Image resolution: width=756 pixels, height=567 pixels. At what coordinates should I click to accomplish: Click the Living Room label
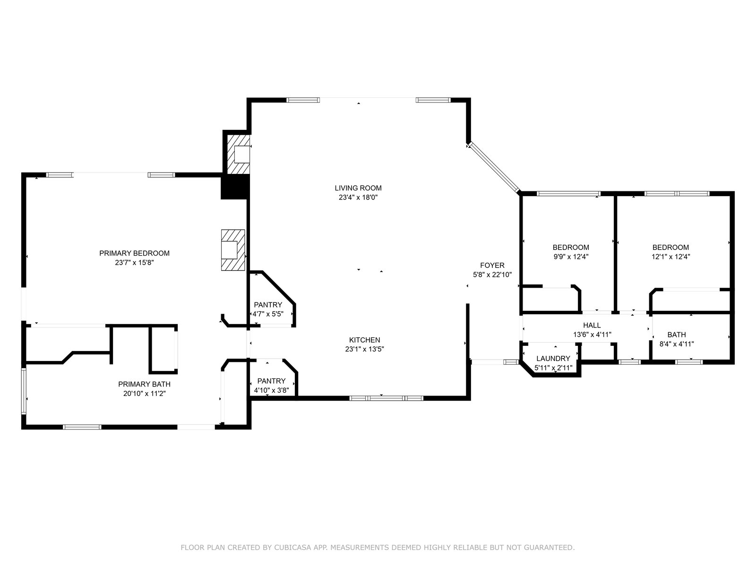pyautogui.click(x=358, y=188)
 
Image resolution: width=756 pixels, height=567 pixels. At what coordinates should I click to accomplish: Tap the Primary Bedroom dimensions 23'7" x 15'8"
pyautogui.click(x=134, y=263)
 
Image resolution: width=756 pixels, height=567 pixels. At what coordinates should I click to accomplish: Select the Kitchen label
pyautogui.click(x=364, y=340)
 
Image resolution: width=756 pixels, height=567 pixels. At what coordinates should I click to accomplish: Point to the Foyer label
pyautogui.click(x=492, y=266)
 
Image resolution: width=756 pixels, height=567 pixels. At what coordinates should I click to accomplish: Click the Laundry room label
pyautogui.click(x=553, y=358)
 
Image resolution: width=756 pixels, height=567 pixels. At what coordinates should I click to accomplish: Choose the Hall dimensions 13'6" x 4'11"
pyautogui.click(x=592, y=334)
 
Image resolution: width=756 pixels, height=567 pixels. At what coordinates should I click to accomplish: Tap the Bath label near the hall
pyautogui.click(x=677, y=335)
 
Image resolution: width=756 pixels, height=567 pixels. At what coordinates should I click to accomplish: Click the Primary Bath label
pyautogui.click(x=144, y=384)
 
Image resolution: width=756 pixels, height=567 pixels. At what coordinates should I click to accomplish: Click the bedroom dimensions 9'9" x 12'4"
pyautogui.click(x=571, y=257)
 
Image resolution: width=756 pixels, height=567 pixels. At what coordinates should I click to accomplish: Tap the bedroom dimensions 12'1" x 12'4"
pyautogui.click(x=670, y=257)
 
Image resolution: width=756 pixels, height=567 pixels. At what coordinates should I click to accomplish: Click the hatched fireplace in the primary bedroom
pyautogui.click(x=233, y=250)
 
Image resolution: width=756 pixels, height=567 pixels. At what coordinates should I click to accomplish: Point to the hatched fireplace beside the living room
pyautogui.click(x=238, y=154)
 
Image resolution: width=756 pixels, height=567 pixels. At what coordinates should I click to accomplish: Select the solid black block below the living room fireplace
pyautogui.click(x=234, y=187)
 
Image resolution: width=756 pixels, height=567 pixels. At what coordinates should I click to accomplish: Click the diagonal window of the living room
pyautogui.click(x=493, y=167)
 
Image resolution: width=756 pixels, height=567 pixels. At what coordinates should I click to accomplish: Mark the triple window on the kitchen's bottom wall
pyautogui.click(x=386, y=398)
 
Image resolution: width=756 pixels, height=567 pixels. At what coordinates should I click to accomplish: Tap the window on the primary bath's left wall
pyautogui.click(x=24, y=391)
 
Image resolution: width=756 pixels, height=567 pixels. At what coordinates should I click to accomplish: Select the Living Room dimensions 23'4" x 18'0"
pyautogui.click(x=358, y=198)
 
